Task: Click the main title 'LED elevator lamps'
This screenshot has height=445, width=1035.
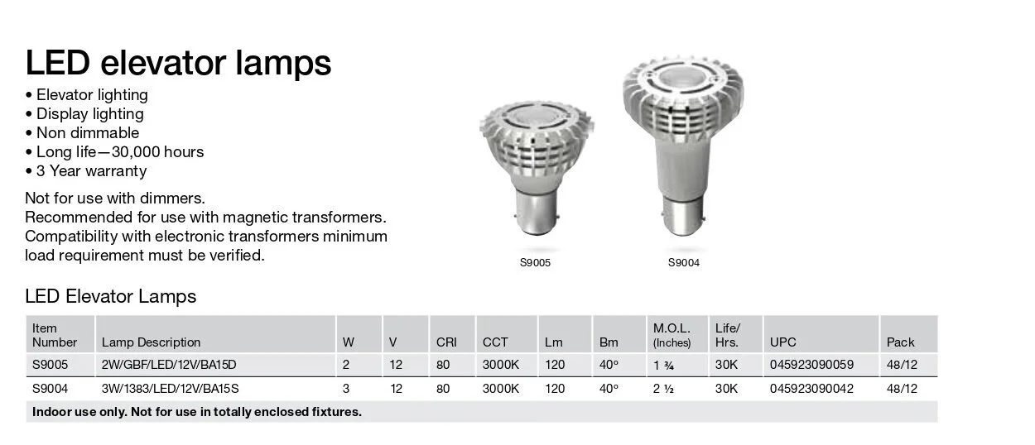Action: point(178,63)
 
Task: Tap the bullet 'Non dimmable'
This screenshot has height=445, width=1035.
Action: point(87,132)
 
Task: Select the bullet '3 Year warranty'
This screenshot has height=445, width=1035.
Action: point(90,171)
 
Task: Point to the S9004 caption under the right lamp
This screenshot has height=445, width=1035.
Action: point(684,263)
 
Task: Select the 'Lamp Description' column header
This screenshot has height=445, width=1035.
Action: point(151,342)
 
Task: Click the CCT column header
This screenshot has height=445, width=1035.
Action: point(495,342)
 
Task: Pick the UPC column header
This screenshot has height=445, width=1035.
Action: point(783,342)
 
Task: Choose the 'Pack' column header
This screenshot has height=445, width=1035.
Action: point(900,342)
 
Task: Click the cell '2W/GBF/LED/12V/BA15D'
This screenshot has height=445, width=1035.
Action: point(162,365)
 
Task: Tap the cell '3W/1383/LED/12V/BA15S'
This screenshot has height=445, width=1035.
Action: point(164,388)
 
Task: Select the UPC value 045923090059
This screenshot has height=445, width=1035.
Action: point(811,365)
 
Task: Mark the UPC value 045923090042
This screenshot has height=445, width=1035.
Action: point(811,388)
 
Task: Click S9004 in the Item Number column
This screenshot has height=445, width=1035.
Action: point(50,388)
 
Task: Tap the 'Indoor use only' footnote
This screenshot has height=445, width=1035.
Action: point(197,412)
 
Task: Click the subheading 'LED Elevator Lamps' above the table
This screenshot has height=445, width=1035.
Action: point(111,296)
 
